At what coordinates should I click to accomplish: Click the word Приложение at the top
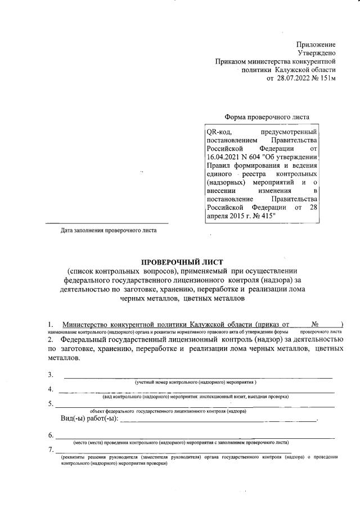[316, 44]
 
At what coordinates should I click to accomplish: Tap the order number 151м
[326, 78]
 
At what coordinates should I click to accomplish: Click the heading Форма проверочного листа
[267, 118]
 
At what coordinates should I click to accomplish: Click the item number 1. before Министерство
[51, 325]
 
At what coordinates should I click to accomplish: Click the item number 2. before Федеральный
[51, 340]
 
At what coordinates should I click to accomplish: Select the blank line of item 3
[197, 376]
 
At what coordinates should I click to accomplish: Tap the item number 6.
[51, 435]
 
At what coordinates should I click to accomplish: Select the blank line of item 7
[174, 451]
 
